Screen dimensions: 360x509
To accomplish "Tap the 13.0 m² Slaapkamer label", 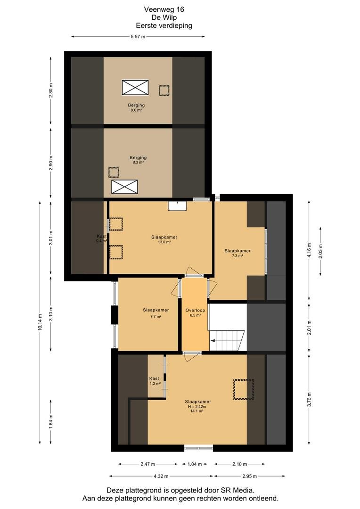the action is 164,239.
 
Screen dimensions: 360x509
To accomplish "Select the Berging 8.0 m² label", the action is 136,107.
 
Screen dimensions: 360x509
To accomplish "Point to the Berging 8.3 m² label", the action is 138,160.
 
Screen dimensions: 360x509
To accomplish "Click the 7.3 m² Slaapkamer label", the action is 237,253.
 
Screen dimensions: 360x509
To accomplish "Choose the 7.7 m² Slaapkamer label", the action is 156,312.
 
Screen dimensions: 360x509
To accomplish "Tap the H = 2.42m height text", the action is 197,406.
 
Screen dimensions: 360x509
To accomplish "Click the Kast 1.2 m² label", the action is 155,381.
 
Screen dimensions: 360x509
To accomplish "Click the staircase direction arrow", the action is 214,341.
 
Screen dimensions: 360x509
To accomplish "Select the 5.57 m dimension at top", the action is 138,37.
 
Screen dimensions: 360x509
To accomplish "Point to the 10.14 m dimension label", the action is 40,322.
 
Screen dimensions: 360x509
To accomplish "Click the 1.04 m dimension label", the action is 195,464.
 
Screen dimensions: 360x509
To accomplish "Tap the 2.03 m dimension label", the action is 321,251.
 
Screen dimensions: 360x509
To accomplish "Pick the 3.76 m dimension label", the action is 310,399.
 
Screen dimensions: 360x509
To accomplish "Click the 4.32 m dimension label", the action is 161,476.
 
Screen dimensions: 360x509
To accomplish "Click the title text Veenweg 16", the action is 164,9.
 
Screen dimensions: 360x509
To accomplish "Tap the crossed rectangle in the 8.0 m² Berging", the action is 135,88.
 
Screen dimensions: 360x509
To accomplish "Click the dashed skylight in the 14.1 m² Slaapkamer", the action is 244,389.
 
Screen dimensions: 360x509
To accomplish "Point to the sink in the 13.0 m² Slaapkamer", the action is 177,206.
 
